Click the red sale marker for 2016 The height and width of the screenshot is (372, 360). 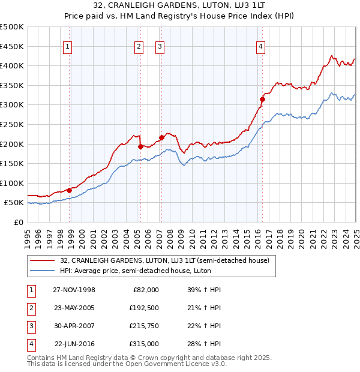[262, 99]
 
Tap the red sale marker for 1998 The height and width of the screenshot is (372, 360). [70, 190]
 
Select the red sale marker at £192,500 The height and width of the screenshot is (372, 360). [140, 146]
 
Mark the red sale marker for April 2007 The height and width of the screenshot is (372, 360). [161, 137]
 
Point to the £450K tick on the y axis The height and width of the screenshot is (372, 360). [12, 46]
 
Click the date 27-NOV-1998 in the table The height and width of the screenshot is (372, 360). [74, 290]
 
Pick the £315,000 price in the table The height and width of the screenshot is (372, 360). [144, 344]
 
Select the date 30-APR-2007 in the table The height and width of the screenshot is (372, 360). [74, 326]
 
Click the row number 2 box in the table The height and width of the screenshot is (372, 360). [31, 308]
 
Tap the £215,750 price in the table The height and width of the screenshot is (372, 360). [144, 326]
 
